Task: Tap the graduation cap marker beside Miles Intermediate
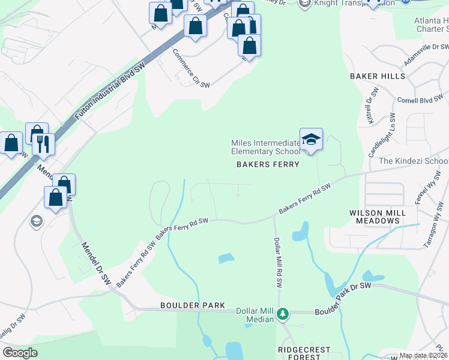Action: (311, 140)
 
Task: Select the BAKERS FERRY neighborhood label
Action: (267, 164)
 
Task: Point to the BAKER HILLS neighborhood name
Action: (376, 76)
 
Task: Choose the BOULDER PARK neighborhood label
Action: (193, 305)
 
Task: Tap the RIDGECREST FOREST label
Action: (299, 353)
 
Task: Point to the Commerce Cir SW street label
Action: (191, 70)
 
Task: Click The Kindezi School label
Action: (413, 161)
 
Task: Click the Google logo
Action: (20, 353)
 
